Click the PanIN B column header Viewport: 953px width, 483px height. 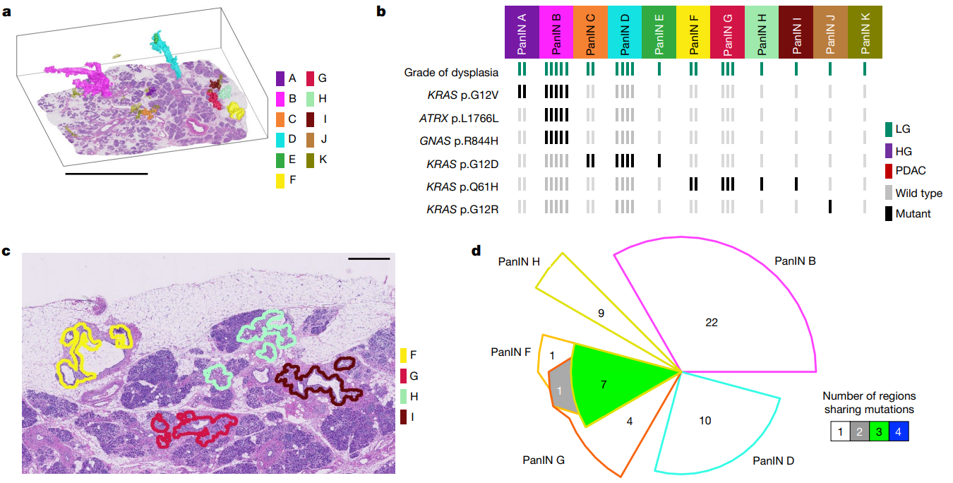(556, 32)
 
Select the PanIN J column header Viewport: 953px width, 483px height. (830, 32)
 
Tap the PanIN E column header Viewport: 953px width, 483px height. (659, 32)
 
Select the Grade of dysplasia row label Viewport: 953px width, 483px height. (452, 72)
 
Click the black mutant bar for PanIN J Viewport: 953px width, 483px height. (830, 207)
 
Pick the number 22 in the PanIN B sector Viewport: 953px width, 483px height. (712, 322)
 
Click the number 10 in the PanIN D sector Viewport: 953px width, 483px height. (705, 421)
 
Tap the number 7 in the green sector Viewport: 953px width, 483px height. (603, 384)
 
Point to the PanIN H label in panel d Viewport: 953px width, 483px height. (519, 261)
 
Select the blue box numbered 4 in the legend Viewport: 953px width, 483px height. (899, 431)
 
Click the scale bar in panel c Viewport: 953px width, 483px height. (369, 259)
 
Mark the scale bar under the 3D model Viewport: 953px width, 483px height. (106, 172)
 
